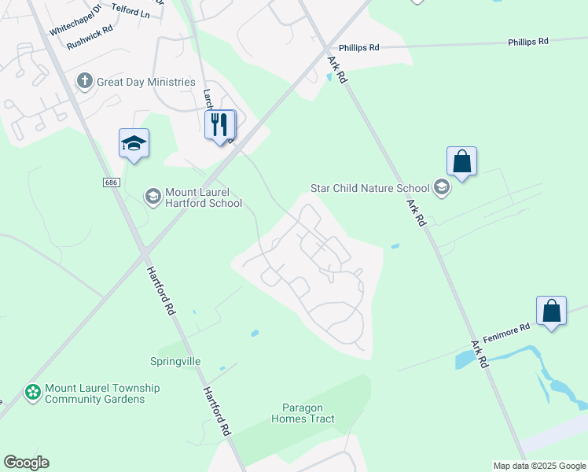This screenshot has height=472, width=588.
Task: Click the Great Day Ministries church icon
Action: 85,81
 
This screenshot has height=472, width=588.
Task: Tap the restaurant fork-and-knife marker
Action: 219,124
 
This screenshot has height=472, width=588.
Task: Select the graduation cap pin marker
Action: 134,143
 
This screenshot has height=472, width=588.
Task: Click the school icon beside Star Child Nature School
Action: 442,187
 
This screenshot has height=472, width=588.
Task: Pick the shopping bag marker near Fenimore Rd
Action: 552,310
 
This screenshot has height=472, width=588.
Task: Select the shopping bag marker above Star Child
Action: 461,161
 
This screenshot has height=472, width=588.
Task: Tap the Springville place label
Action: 175,361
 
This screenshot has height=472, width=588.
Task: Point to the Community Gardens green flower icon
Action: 33,393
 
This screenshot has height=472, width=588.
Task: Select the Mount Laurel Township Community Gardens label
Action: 102,393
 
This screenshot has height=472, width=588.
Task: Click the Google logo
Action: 26,463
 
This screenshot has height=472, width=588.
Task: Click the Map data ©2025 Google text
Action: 538,466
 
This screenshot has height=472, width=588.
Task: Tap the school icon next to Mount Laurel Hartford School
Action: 153,196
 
